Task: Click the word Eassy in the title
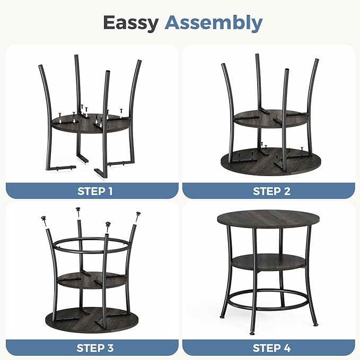130,23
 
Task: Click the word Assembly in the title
213,23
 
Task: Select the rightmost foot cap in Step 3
139,214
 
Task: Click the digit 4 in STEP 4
287,348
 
